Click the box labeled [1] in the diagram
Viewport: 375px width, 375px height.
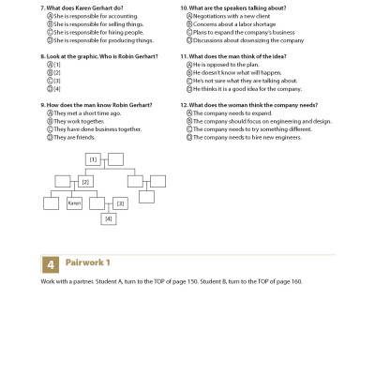pos(92,159)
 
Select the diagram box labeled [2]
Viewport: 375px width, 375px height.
pos(85,181)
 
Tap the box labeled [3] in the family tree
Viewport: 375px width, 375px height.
pos(120,202)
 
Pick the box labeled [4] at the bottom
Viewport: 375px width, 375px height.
pos(109,218)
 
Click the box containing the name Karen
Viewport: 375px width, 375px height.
pos(74,202)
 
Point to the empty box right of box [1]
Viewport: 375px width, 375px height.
pos(115,159)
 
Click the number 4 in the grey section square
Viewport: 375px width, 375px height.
pos(51,263)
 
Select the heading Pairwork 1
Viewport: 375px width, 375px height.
pos(88,263)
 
